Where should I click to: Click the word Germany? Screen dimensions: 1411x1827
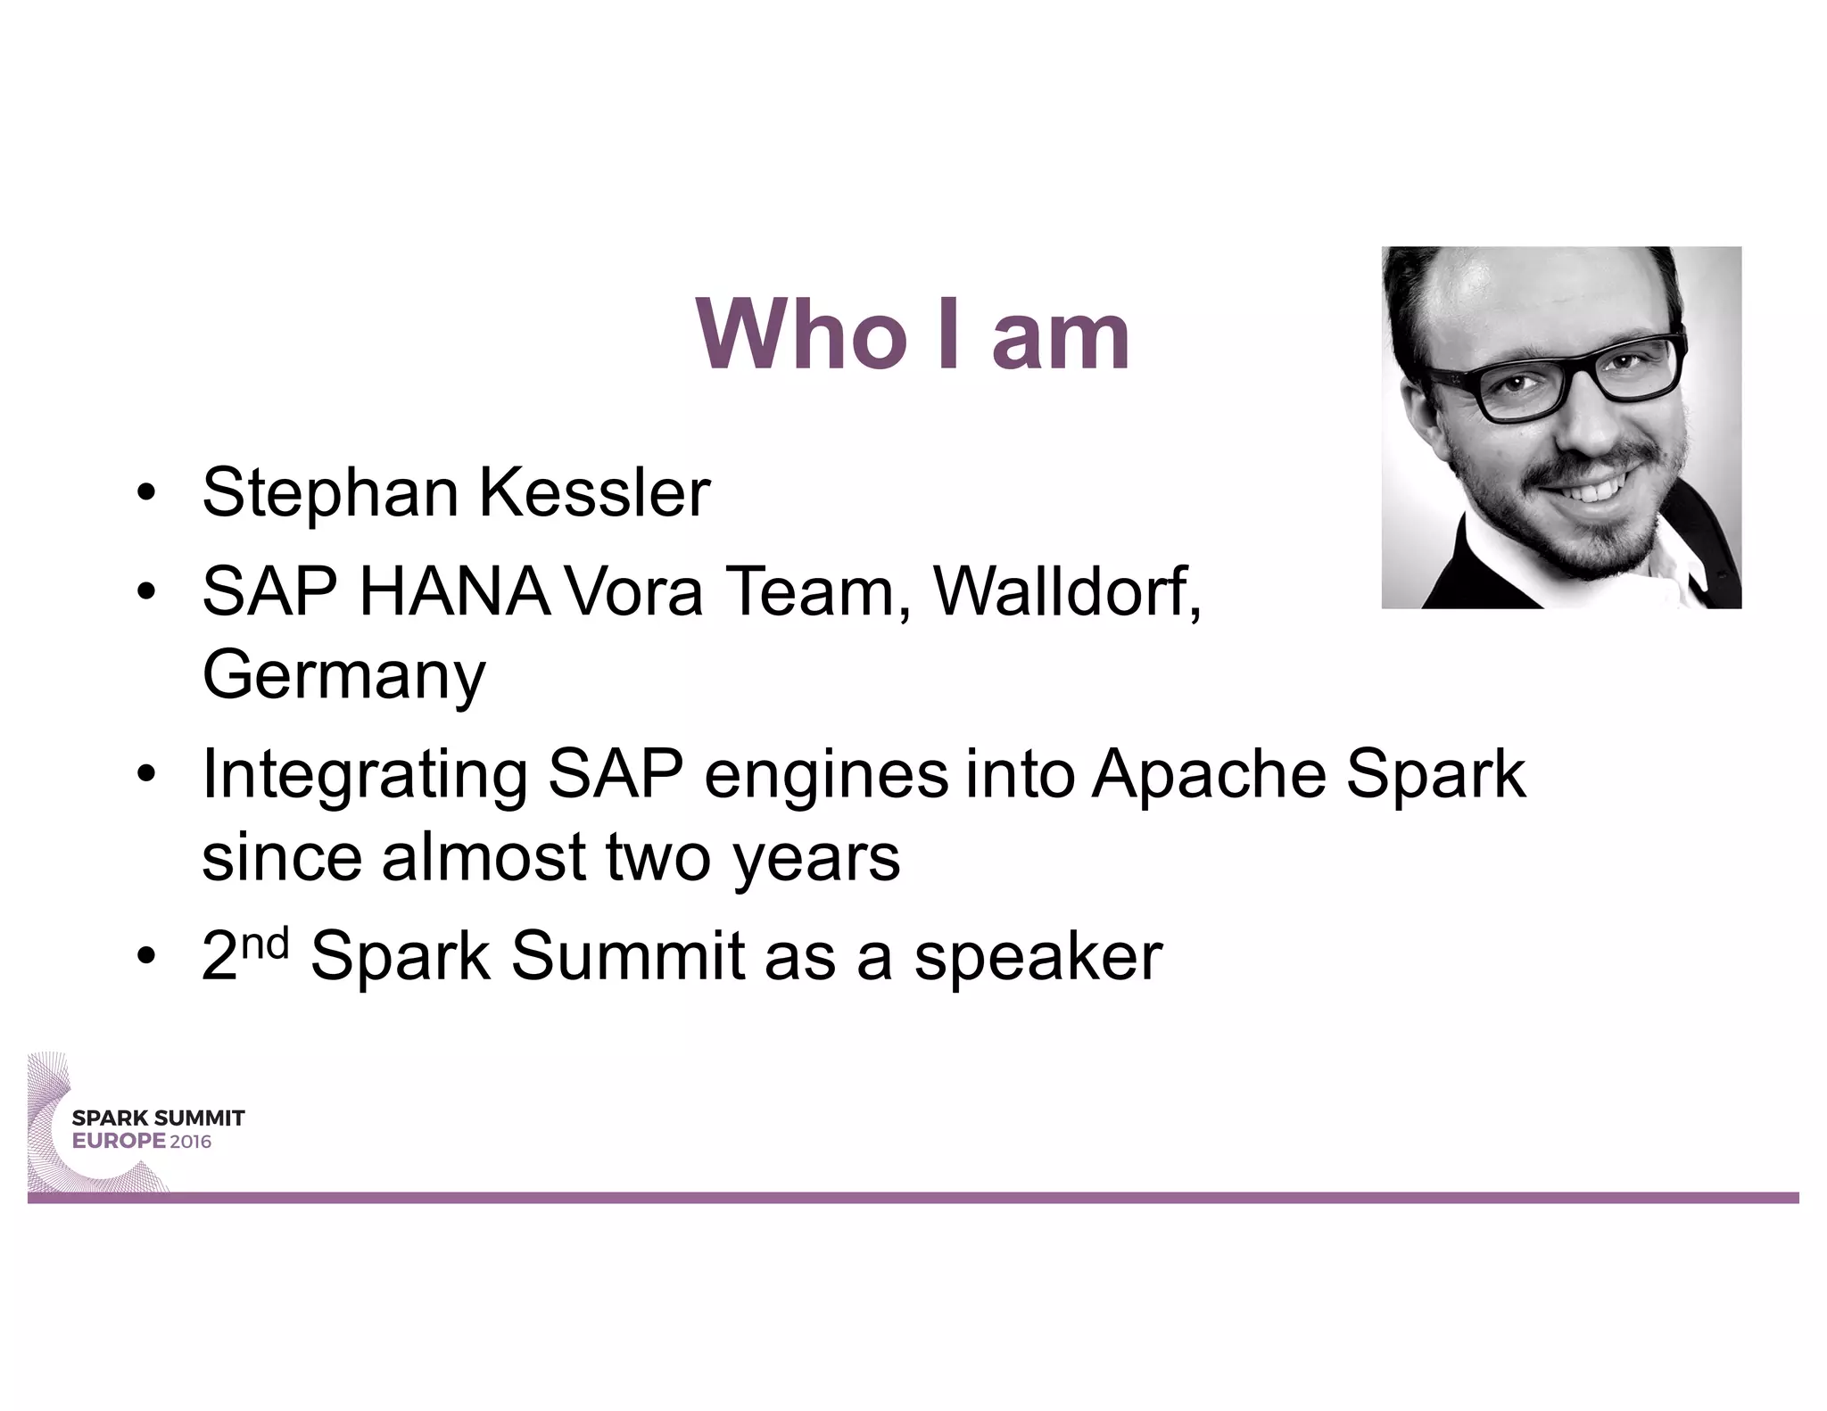click(343, 676)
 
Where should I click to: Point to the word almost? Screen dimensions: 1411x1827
click(483, 857)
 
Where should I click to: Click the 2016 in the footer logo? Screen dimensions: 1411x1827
click(191, 1142)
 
